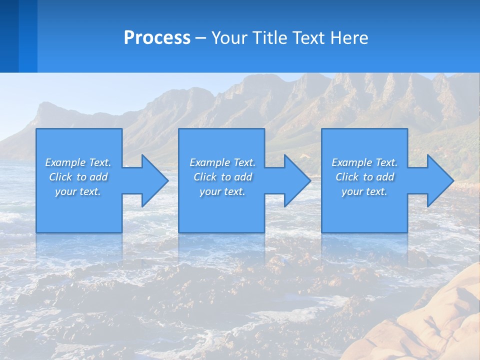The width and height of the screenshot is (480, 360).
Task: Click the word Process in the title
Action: [x=157, y=38]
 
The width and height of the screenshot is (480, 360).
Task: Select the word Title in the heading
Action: [x=269, y=38]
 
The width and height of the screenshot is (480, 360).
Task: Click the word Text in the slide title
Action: [x=309, y=38]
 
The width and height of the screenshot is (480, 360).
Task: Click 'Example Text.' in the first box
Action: [x=78, y=162]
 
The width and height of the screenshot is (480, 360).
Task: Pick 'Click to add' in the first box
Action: [x=78, y=177]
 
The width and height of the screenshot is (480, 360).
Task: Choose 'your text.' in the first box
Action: [x=78, y=191]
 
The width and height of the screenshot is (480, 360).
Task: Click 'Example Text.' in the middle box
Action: [x=222, y=162]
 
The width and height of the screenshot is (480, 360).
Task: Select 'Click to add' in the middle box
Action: [x=222, y=177]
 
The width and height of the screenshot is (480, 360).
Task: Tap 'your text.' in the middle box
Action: [x=222, y=191]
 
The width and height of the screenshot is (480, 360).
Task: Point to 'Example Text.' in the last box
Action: [x=364, y=162]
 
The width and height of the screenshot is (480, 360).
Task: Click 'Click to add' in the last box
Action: [x=364, y=177]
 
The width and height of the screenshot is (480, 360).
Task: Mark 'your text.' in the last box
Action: [x=364, y=191]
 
